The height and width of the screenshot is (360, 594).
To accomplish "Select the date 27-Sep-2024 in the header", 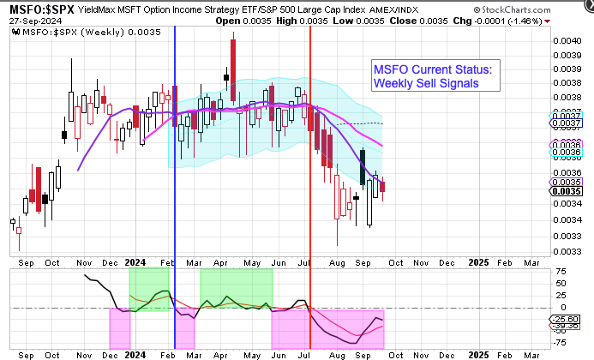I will click(x=28, y=21).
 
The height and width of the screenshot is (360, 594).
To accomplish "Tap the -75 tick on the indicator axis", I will click(x=559, y=343).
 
